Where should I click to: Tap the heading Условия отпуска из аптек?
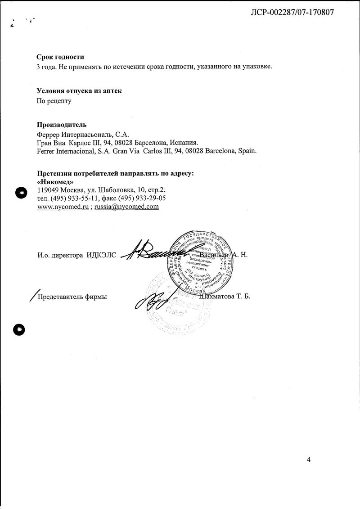[x=79, y=91]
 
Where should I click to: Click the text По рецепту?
[x=54, y=101]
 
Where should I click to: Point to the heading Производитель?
[x=62, y=125]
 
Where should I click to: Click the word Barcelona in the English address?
[x=220, y=151]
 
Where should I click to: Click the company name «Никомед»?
[x=55, y=182]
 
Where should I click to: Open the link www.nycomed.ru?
[x=62, y=207]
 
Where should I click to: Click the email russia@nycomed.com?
[x=126, y=207]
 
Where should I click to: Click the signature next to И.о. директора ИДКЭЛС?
[x=151, y=253]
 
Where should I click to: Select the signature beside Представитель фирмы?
[x=153, y=299]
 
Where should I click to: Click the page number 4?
[x=309, y=459]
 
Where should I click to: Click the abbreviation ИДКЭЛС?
[x=101, y=255]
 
